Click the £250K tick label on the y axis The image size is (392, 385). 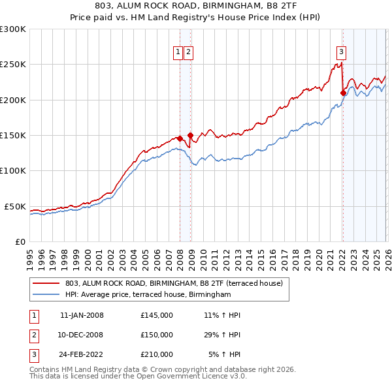pyautogui.click(x=13, y=65)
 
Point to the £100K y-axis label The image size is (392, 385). pyautogui.click(x=13, y=170)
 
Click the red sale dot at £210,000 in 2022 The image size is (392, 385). pyautogui.click(x=342, y=93)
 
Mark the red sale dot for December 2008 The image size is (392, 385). pyautogui.click(x=190, y=136)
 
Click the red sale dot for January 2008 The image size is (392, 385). pyautogui.click(x=180, y=139)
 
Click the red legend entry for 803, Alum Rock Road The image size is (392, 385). pyautogui.click(x=173, y=283)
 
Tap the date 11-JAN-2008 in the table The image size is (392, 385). pyautogui.click(x=82, y=315)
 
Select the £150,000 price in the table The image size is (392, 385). pyautogui.click(x=157, y=335)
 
